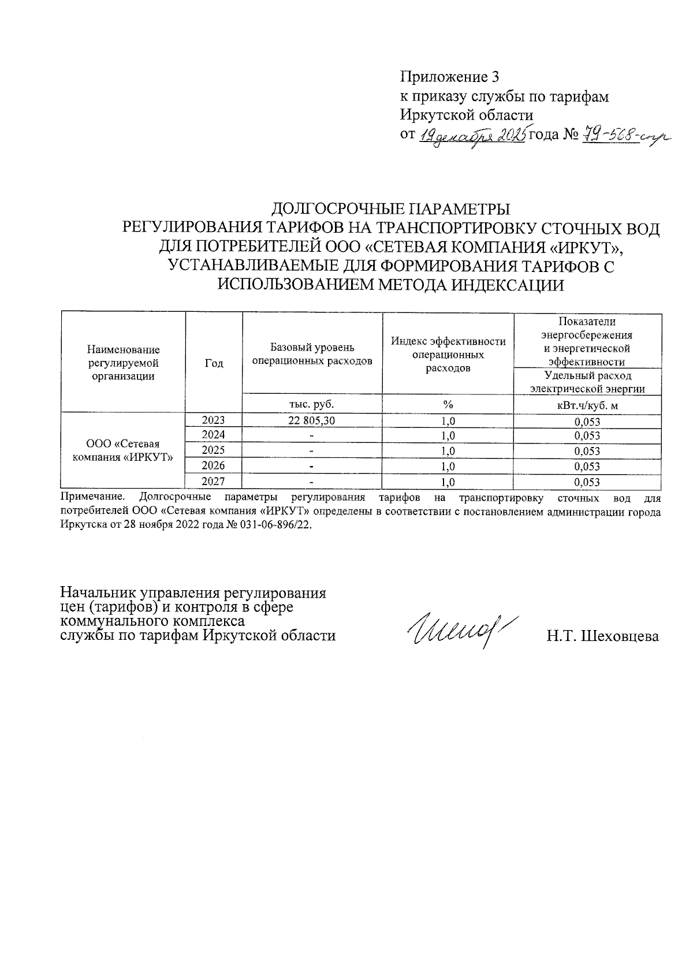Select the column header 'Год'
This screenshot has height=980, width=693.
tap(214, 363)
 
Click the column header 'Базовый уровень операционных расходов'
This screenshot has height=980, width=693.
tap(312, 355)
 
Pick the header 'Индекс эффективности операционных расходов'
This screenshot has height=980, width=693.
tap(448, 355)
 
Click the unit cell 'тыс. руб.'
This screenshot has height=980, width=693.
tap(312, 405)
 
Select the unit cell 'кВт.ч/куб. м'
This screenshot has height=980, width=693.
tap(587, 405)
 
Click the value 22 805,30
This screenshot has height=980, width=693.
tap(312, 421)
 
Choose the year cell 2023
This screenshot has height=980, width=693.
tap(213, 420)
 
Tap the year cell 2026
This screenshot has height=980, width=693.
tap(213, 466)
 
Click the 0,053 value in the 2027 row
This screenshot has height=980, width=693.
tap(587, 482)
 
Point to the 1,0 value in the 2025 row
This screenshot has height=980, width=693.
tap(448, 451)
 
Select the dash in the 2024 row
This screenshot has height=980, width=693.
tap(312, 436)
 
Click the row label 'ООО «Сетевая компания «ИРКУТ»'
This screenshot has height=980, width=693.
tap(122, 450)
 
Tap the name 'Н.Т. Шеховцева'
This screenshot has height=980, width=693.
tap(603, 636)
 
